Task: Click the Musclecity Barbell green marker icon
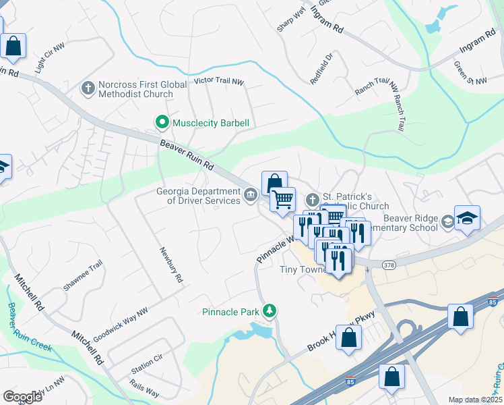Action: (x=162, y=123)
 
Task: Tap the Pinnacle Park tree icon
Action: (x=270, y=310)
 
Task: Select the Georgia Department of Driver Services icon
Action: (x=250, y=196)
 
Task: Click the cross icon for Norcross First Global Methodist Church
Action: (x=88, y=88)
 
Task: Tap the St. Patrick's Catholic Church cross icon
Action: (x=311, y=200)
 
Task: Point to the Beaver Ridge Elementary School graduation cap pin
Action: (x=466, y=218)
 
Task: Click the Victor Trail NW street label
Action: (x=218, y=81)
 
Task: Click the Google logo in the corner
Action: (x=22, y=396)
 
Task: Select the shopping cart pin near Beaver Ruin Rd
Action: (x=283, y=198)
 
